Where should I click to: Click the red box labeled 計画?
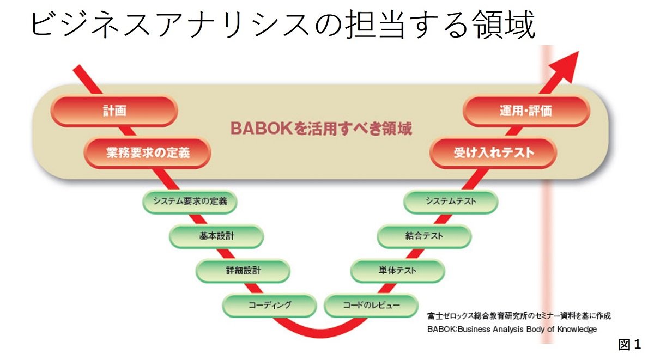114,111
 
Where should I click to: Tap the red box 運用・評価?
526,111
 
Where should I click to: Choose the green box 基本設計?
216,236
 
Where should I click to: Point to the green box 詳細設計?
243,270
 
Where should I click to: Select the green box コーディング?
270,304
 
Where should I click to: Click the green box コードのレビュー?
371,304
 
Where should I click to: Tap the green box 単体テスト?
398,270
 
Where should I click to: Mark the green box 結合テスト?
424,236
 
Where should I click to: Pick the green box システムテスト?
451,202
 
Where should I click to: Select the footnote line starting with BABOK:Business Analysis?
512,329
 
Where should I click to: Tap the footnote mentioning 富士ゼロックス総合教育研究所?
519,316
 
